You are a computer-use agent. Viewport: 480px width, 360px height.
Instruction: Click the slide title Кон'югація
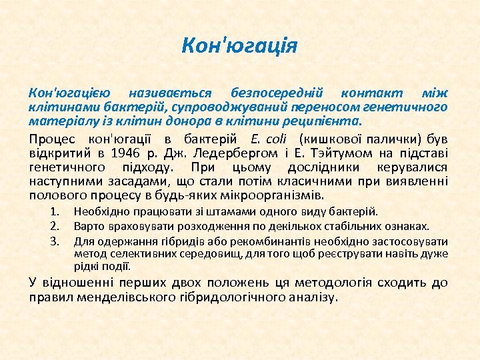coord(239,47)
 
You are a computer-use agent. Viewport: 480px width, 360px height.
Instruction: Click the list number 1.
coord(56,213)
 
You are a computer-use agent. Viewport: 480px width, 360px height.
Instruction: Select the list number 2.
coord(56,227)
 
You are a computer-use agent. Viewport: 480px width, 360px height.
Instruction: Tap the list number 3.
coord(56,241)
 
